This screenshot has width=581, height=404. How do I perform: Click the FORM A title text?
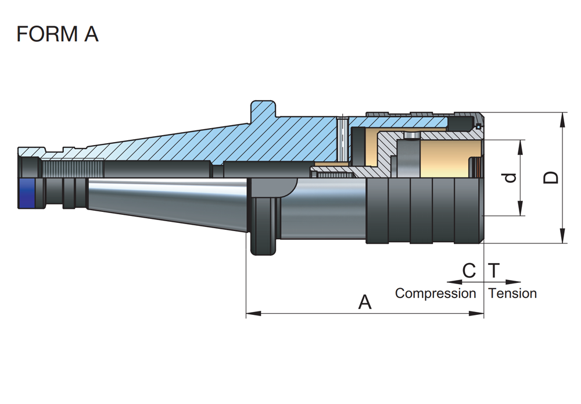pyautogui.click(x=58, y=34)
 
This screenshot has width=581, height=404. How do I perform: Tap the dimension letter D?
pyautogui.click(x=551, y=178)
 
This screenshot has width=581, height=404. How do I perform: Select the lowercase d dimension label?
pyautogui.click(x=511, y=178)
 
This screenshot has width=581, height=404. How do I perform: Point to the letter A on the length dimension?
pyautogui.click(x=365, y=302)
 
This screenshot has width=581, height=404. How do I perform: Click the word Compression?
pyautogui.click(x=435, y=293)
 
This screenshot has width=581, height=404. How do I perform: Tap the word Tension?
pyautogui.click(x=513, y=293)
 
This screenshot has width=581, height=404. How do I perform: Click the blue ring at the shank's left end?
pyautogui.click(x=27, y=193)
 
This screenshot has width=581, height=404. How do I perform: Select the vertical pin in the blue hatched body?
pyautogui.click(x=343, y=139)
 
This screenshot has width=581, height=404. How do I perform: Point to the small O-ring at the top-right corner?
pyautogui.click(x=478, y=126)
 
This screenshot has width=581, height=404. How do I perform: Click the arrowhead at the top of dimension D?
pyautogui.click(x=562, y=119)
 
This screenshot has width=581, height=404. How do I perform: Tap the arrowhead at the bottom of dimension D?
pyautogui.click(x=562, y=236)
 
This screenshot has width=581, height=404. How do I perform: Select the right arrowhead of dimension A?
pyautogui.click(x=476, y=314)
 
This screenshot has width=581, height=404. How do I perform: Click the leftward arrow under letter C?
pyautogui.click(x=465, y=282)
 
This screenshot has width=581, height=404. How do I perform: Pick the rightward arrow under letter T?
pyautogui.click(x=503, y=282)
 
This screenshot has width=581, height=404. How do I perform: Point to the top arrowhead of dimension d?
pyautogui.click(x=520, y=147)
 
